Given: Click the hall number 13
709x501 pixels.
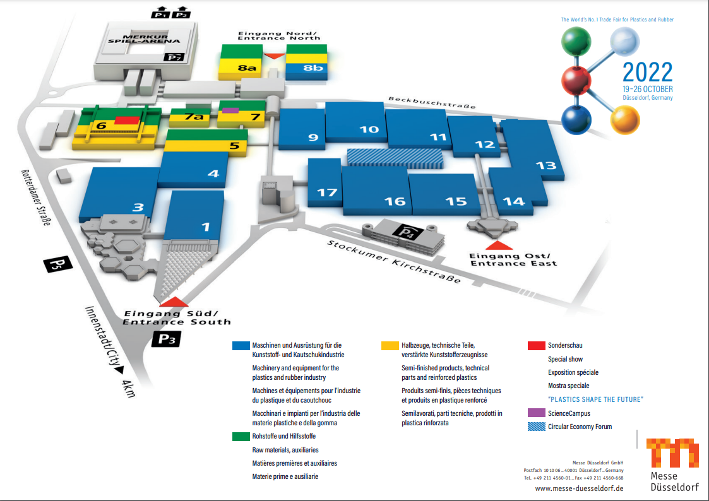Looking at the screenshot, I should point(545,165).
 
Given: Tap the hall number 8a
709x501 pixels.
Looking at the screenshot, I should point(246,68).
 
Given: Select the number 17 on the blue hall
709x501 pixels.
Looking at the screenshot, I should point(327,192).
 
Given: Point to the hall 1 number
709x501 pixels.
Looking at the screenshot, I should point(205,226).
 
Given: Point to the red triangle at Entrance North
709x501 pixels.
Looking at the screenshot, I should point(274,56).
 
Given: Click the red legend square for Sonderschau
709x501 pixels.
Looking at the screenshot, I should point(536,345).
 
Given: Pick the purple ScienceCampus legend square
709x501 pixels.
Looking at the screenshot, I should point(536,413).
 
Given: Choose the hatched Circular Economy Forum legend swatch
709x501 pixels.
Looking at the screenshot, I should point(536,427).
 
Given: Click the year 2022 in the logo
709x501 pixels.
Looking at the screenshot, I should point(647,73).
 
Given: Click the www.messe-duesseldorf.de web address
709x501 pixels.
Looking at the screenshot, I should point(579,488).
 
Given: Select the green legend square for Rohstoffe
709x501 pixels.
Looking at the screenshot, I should point(241,436).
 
